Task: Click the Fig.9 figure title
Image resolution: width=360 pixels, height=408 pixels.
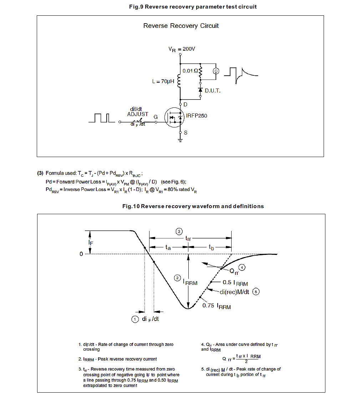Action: click(193, 7)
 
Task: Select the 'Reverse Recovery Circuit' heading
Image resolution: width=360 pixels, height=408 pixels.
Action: click(181, 26)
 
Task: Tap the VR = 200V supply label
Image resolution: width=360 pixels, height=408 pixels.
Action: click(182, 49)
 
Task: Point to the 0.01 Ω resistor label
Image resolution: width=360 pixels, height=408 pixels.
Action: click(190, 71)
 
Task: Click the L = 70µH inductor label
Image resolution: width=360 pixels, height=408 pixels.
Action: click(163, 82)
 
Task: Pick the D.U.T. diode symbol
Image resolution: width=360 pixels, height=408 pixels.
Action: click(201, 90)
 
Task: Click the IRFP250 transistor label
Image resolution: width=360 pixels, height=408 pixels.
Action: click(196, 116)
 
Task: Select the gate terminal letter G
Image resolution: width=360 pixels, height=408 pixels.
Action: click(155, 117)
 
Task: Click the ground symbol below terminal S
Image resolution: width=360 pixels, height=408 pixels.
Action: click(181, 140)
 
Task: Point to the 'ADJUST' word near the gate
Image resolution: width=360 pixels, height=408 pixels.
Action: click(138, 114)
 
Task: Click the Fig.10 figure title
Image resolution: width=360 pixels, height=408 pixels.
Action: click(193, 206)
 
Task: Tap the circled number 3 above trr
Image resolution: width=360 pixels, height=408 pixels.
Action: click(179, 231)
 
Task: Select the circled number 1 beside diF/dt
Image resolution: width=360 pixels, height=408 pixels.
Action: click(135, 319)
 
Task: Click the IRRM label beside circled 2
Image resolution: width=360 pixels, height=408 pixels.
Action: click(190, 282)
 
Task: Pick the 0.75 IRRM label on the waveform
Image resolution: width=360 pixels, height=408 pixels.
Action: click(217, 306)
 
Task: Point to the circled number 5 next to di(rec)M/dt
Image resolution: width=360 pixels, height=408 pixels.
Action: click(256, 292)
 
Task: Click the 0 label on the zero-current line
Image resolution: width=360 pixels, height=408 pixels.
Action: click(81, 254)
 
